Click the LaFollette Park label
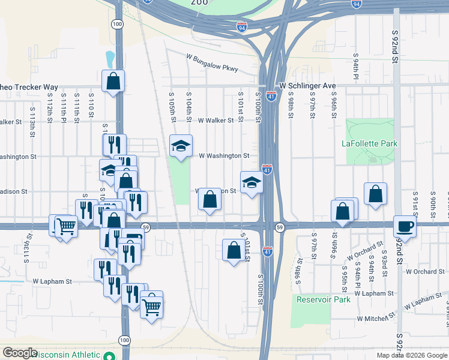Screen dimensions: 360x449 click(370, 143)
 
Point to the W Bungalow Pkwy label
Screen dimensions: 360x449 click(212, 63)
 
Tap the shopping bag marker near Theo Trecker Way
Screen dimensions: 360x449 click(113, 80)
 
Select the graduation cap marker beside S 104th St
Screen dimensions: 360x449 click(181, 145)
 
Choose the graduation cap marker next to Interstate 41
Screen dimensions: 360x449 click(252, 182)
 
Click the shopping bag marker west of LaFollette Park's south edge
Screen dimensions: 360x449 click(375, 193)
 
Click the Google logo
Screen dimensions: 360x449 click(20, 353)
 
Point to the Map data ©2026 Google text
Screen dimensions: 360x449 click(411, 355)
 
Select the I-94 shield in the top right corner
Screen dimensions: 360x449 click(357, 4)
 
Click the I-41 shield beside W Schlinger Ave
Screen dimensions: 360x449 click(271, 96)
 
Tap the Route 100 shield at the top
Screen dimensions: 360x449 click(117, 23)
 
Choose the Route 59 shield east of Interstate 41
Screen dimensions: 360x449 click(280, 227)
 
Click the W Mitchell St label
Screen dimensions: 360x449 click(376, 317)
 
